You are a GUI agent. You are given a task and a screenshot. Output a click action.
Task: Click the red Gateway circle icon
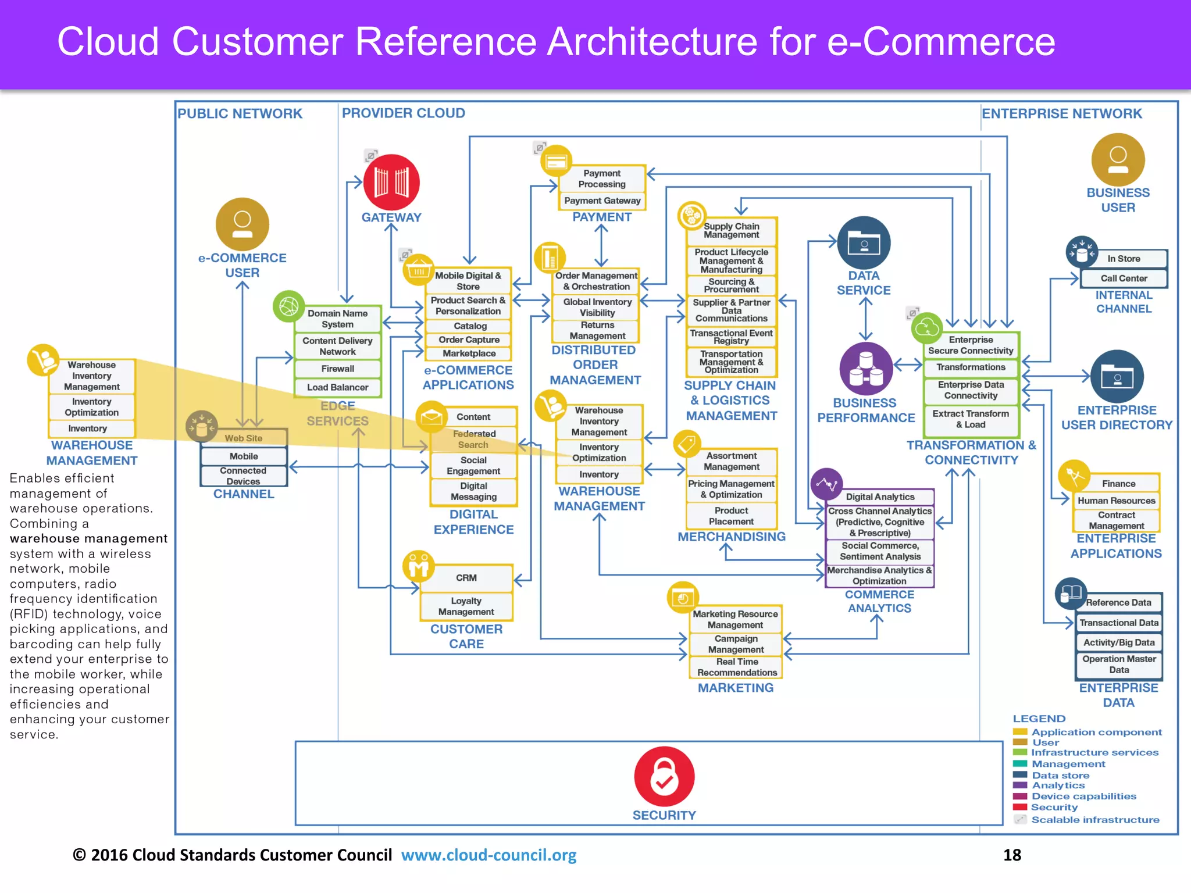tap(391, 182)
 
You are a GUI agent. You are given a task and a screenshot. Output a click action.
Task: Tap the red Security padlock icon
tap(664, 776)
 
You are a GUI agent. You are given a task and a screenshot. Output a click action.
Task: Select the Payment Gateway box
tap(602, 201)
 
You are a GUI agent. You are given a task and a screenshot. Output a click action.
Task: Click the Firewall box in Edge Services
tap(337, 369)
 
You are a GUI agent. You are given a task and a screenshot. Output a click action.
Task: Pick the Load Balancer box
tap(337, 387)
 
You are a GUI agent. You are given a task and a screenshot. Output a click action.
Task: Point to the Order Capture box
tap(469, 340)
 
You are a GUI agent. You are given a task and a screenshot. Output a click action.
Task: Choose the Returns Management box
tap(597, 331)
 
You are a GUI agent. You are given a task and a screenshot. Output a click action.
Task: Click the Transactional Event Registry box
tap(731, 337)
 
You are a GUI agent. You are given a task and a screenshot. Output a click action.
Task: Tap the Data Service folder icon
tap(864, 243)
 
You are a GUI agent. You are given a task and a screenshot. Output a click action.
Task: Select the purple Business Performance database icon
tap(866, 369)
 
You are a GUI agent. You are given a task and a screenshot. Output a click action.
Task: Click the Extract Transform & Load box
tap(971, 419)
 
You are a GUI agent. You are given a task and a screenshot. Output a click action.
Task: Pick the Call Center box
tap(1124, 278)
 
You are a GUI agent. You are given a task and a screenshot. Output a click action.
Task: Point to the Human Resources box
tap(1116, 501)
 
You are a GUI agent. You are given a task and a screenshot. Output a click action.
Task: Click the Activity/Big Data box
tap(1118, 642)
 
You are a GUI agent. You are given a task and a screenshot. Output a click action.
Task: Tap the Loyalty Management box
tap(466, 606)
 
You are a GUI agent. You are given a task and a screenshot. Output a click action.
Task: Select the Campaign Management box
tap(736, 644)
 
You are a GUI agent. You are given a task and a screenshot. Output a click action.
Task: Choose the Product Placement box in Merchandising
tap(731, 516)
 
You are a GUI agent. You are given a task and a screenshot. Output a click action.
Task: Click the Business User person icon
tap(1118, 160)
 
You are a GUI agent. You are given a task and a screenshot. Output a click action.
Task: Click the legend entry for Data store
tap(1060, 775)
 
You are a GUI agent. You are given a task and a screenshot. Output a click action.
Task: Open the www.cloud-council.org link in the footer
tap(488, 855)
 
